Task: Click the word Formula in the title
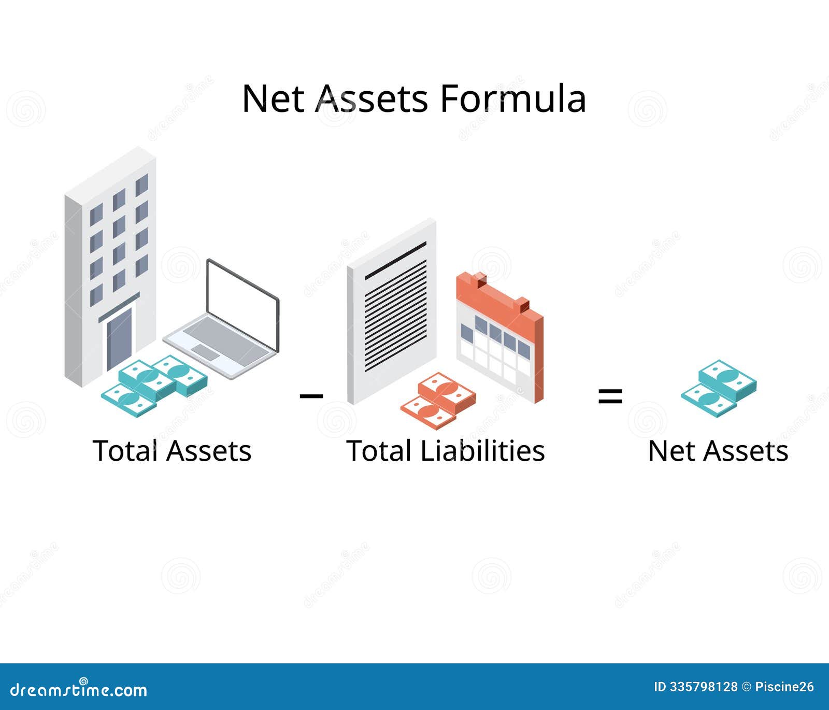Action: [x=513, y=98]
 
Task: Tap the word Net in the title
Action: [x=273, y=98]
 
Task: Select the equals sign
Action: [x=610, y=397]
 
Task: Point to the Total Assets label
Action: [x=172, y=451]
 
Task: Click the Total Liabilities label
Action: [x=446, y=451]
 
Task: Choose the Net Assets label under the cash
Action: [x=718, y=451]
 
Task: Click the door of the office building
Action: [x=119, y=339]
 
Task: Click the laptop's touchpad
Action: [x=206, y=352]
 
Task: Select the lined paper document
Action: [x=392, y=311]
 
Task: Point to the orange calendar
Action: [x=499, y=337]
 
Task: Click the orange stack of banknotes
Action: [x=438, y=400]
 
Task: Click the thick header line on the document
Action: [x=395, y=261]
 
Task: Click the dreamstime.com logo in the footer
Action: [x=79, y=689]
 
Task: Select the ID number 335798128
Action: [x=703, y=687]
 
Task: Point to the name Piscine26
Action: [x=784, y=687]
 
